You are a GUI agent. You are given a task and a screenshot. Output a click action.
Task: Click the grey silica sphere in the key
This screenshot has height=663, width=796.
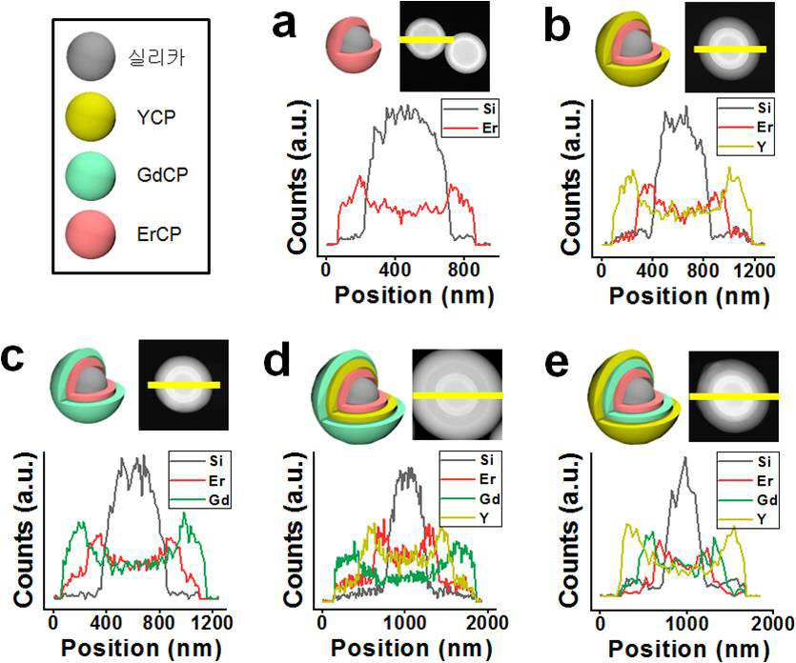coord(91,56)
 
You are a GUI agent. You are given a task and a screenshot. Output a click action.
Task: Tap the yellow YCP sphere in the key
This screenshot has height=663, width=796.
coord(91,116)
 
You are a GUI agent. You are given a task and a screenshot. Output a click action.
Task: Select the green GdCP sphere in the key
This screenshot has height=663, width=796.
coord(91,175)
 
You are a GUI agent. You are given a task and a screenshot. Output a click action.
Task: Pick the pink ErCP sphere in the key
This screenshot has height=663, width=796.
coord(91,234)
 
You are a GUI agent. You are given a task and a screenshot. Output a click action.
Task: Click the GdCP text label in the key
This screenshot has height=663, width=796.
coord(162,175)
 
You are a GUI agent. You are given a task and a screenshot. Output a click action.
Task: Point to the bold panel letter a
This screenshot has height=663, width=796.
coord(284,24)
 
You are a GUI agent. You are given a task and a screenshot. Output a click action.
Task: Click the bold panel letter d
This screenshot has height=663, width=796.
coord(277,361)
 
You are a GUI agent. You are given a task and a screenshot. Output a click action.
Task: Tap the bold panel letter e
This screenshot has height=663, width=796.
coord(557,364)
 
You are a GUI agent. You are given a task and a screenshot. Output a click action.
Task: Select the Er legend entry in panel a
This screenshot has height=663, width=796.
coord(471,128)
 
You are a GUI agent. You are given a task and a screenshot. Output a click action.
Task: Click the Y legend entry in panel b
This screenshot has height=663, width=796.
coord(745,147)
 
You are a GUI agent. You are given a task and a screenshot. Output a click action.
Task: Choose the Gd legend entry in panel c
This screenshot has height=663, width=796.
coord(199,501)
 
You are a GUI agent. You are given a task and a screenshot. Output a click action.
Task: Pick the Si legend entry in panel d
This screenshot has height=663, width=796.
coord(470,459)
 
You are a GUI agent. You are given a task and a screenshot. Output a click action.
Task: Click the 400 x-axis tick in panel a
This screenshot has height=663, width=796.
coord(395,270)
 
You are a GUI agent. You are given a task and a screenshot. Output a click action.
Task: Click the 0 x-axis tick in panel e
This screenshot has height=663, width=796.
coord(600,622)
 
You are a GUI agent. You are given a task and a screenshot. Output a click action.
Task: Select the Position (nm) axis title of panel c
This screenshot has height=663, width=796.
coord(141,649)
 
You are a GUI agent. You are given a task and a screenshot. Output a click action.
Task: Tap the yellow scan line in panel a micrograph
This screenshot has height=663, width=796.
coord(426,39)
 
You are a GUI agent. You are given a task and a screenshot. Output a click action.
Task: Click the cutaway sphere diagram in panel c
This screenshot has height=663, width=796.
coord(88,385)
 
